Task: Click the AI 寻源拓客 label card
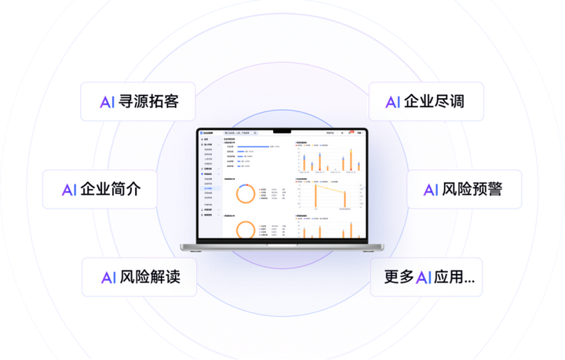coord(138,102)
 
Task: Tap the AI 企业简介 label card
coord(100,190)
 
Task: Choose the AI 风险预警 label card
coord(464,190)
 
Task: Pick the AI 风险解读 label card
coord(138,277)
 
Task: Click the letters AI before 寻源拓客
coord(108,102)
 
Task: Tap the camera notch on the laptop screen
coord(282,130)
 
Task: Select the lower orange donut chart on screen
coord(245,230)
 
